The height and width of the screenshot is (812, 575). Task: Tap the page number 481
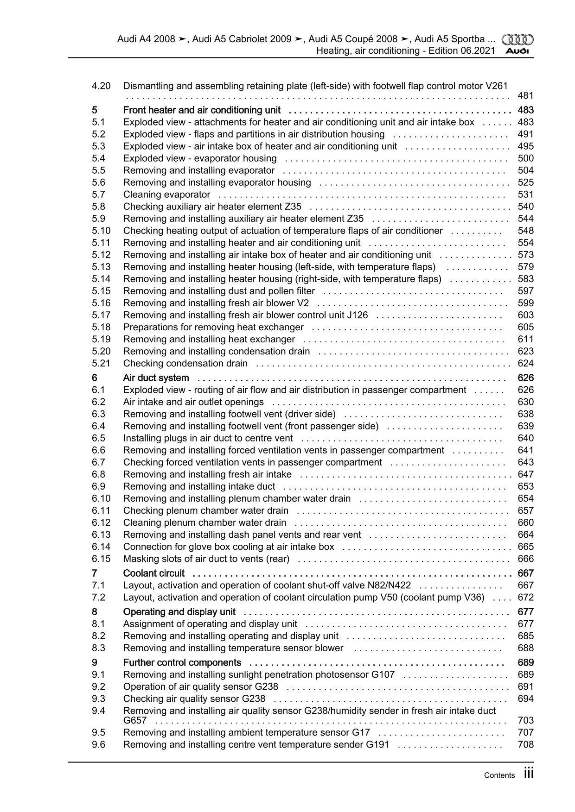(525, 96)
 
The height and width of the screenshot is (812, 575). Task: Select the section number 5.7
(98, 195)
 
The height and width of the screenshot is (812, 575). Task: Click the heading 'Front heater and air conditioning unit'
(202, 110)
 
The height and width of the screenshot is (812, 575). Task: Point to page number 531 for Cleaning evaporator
(525, 195)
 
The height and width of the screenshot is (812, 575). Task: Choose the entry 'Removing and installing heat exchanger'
(209, 339)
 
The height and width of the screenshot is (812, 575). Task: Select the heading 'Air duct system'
(156, 378)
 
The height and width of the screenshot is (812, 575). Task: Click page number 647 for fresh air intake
(525, 474)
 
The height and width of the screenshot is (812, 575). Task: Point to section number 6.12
(101, 522)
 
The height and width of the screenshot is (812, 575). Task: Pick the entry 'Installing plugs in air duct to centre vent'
(208, 438)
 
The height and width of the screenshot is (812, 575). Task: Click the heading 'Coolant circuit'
(153, 573)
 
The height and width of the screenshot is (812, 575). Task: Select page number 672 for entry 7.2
(525, 598)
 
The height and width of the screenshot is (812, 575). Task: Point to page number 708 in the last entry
(525, 744)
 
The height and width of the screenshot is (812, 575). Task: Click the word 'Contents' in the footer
(499, 775)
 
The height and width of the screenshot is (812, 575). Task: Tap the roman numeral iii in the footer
(529, 774)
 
